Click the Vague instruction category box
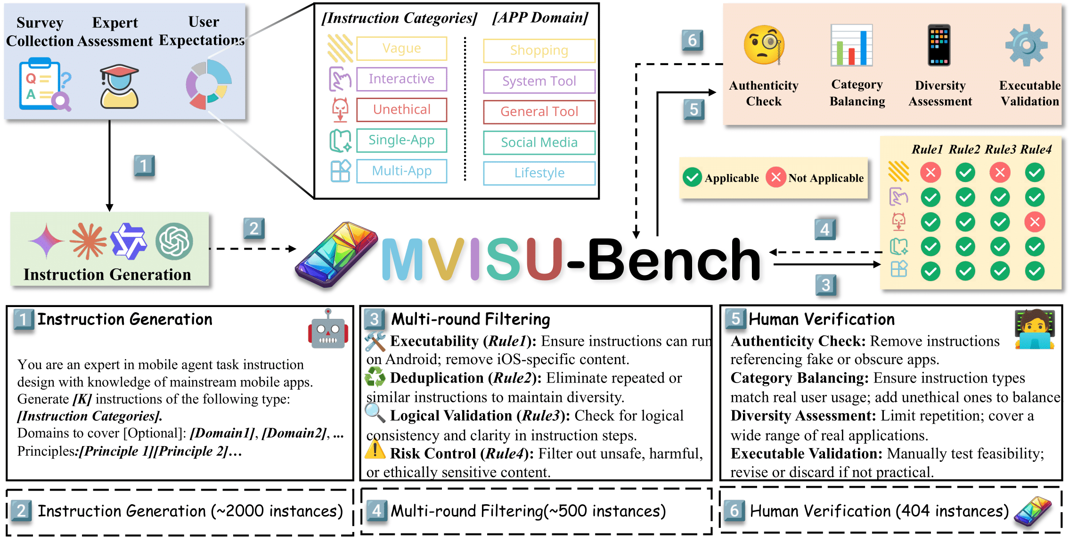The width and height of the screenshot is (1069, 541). tap(401, 49)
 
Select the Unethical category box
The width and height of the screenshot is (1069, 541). tap(401, 110)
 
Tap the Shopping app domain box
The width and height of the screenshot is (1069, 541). tap(539, 50)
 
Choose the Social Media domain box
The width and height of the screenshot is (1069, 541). tap(539, 142)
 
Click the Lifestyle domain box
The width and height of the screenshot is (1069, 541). tap(539, 173)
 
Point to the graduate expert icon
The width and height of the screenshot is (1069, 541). tap(119, 87)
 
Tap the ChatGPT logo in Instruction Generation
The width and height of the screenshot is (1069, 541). tap(174, 241)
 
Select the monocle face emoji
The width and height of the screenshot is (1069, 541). tap(764, 45)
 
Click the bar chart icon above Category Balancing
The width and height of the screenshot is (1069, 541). tap(852, 45)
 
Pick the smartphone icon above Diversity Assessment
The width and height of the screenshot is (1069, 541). tap(939, 45)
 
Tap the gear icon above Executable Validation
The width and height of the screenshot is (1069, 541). tap(1026, 46)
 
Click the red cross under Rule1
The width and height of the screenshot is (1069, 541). tap(930, 173)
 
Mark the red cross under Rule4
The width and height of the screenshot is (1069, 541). tap(1035, 222)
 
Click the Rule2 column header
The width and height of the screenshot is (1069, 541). tap(964, 150)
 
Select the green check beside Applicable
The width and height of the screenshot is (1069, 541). tap(692, 177)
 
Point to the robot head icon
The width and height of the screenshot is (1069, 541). tap(328, 330)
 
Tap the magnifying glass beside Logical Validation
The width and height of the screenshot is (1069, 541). tap(375, 412)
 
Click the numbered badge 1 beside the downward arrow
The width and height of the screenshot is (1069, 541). tap(144, 166)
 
